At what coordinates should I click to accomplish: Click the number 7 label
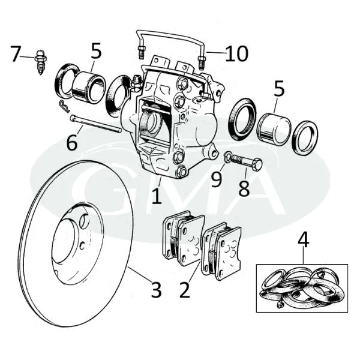(16, 54)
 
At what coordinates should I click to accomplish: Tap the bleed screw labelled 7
(41, 61)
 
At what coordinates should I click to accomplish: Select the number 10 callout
(237, 53)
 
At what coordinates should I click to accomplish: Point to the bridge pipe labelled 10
(171, 34)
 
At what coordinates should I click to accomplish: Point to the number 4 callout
(304, 241)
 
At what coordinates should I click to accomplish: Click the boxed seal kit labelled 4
(302, 287)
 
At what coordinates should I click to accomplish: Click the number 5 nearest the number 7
(96, 51)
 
